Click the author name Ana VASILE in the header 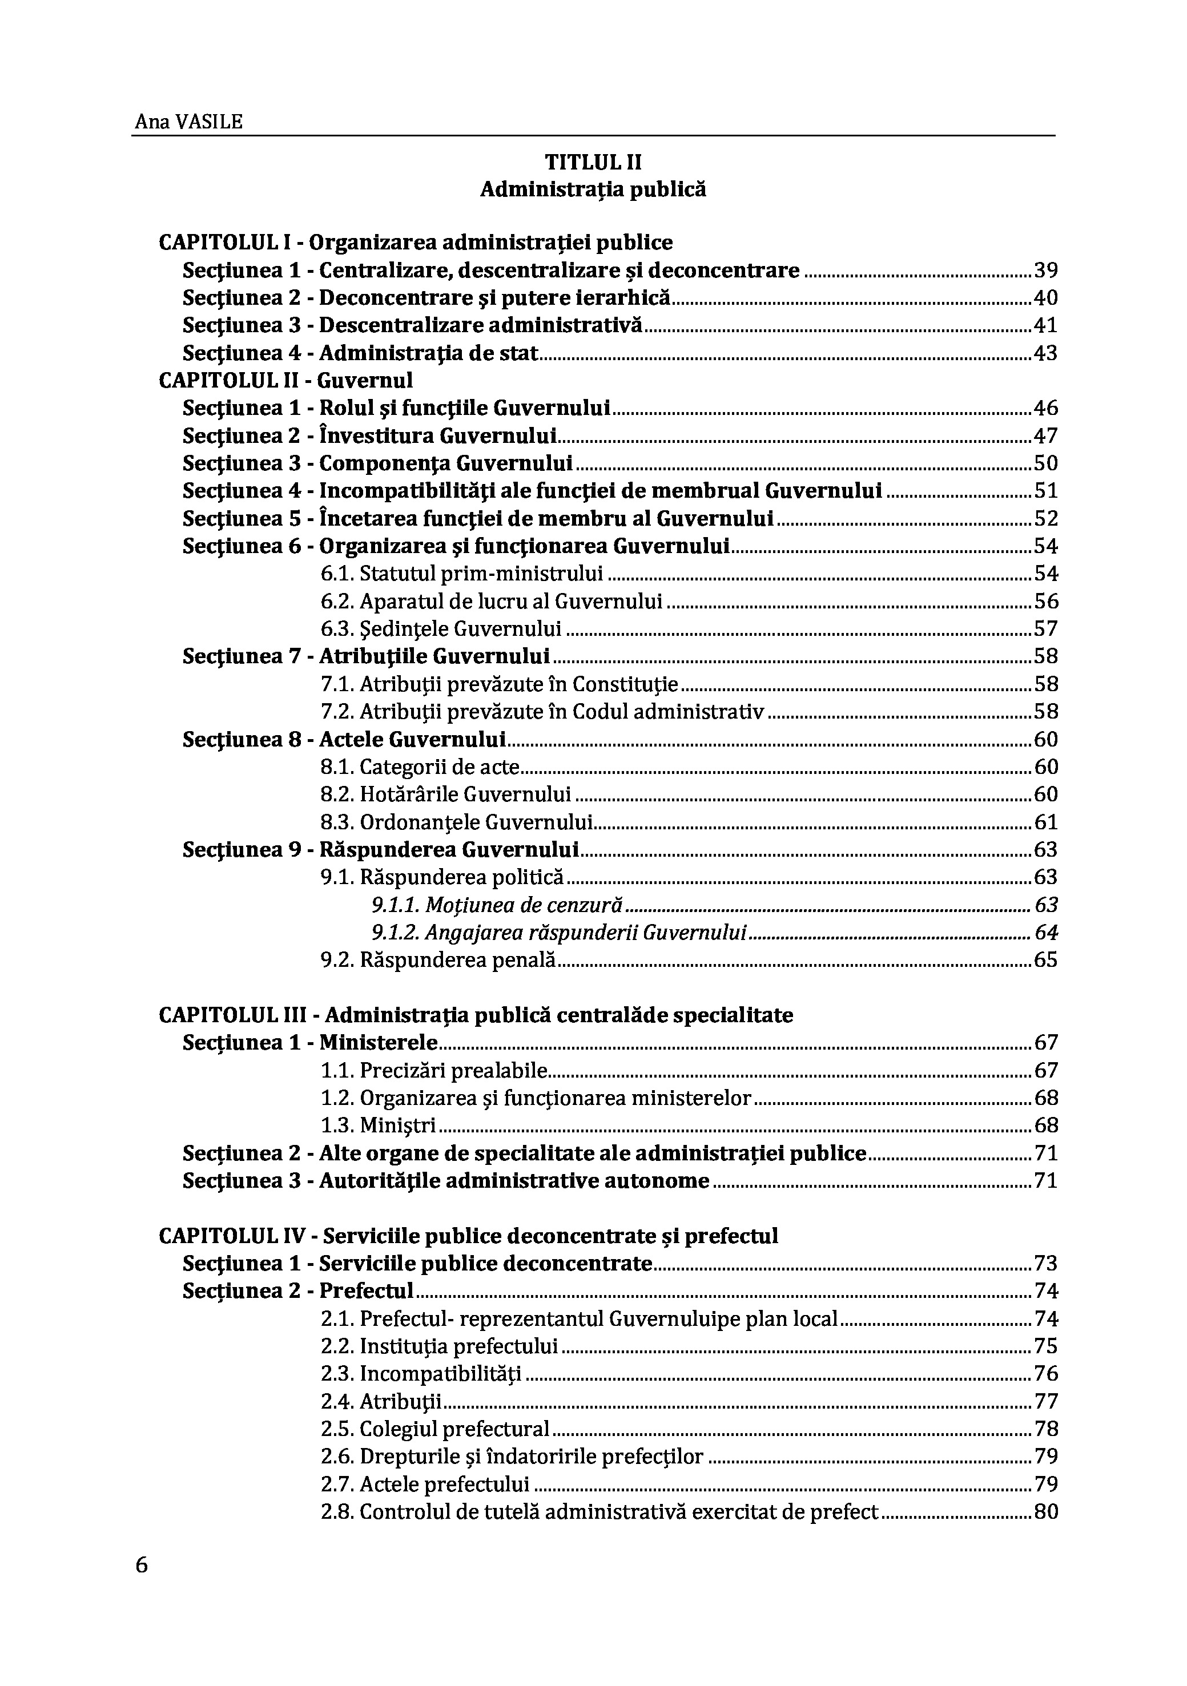pos(188,122)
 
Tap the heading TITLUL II pos(593,162)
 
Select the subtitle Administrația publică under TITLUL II pos(593,189)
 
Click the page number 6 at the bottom pos(142,1565)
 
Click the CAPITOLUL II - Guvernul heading pos(285,380)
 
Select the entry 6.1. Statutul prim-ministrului pos(461,574)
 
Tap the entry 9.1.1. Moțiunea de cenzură pos(497,905)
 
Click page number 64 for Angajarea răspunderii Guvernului pos(1046,933)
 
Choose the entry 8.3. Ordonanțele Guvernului pos(456,822)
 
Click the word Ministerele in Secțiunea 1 pos(379,1043)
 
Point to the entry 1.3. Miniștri pos(379,1125)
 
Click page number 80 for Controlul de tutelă pos(1046,1511)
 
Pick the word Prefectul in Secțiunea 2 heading pos(367,1290)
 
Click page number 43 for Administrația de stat pos(1046,353)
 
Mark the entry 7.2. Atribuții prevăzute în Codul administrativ pos(542,712)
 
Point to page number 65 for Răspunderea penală pos(1046,960)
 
